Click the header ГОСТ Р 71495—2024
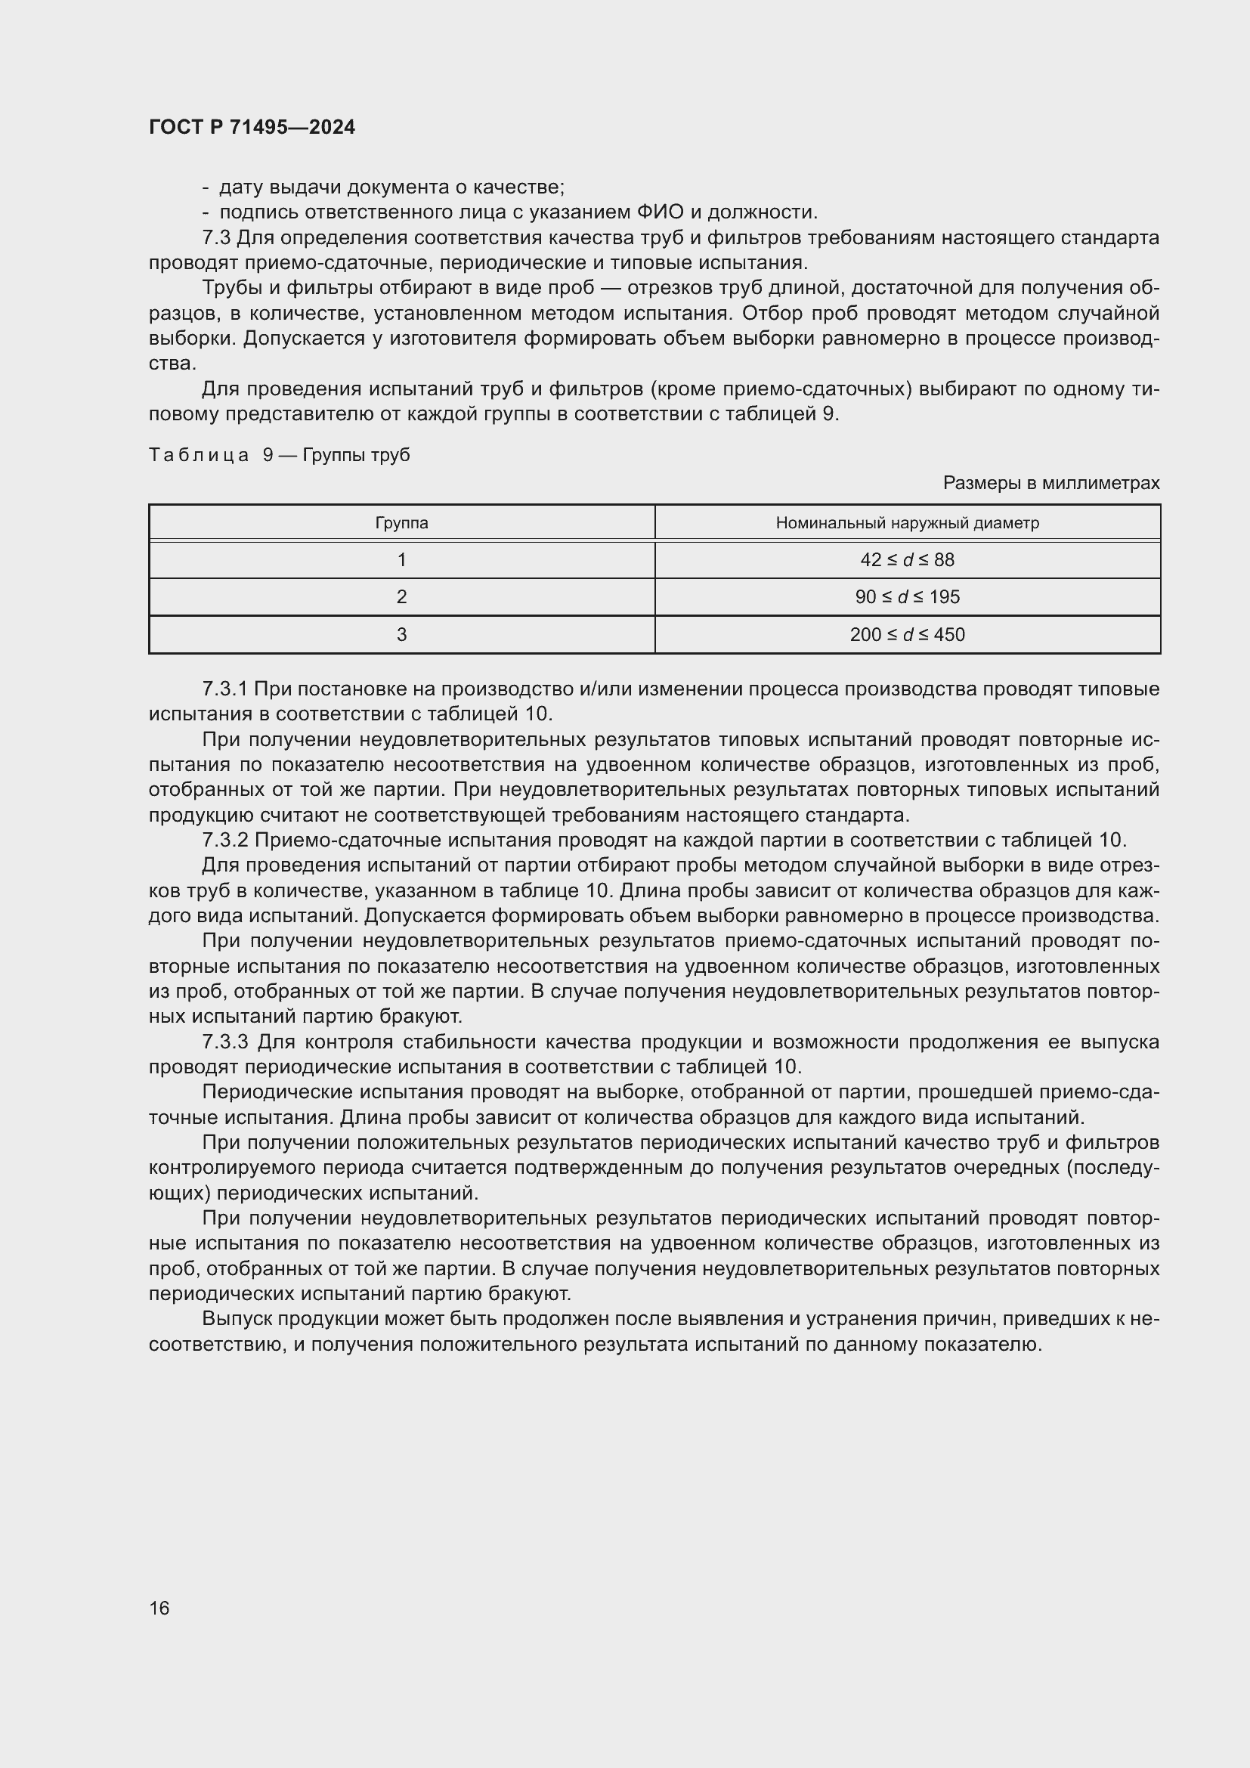click(x=252, y=127)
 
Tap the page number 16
click(x=159, y=1608)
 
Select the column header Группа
click(x=401, y=523)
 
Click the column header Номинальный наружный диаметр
click(x=907, y=523)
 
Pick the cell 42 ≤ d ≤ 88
click(x=907, y=560)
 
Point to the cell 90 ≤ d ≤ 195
click(x=907, y=597)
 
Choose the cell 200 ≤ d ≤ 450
click(x=907, y=634)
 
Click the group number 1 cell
click(x=401, y=560)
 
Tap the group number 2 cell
click(x=401, y=597)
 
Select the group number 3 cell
click(x=401, y=634)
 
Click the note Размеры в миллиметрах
click(x=1050, y=483)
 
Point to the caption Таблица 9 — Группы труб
click(x=279, y=455)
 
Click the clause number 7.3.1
click(x=224, y=689)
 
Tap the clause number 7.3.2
click(x=224, y=840)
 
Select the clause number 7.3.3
click(x=224, y=1042)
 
